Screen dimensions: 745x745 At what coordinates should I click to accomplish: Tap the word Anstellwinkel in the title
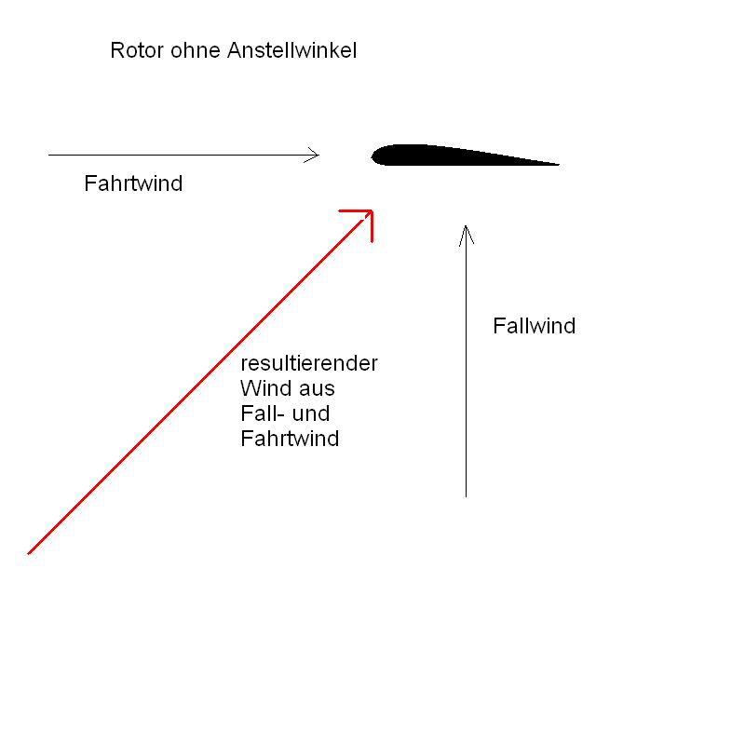291,50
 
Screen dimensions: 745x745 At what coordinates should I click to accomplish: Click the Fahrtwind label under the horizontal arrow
133,183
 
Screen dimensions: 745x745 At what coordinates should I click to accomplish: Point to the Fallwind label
534,326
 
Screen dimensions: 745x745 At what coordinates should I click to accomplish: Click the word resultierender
309,363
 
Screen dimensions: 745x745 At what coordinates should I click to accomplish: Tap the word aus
317,388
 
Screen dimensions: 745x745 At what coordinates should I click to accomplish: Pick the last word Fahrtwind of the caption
290,439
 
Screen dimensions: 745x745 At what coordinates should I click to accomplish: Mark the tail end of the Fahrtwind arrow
50,155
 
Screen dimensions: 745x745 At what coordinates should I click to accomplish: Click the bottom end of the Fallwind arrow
466,495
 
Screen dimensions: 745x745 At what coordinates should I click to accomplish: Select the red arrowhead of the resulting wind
369,214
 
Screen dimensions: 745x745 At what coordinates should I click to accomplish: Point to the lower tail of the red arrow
31,551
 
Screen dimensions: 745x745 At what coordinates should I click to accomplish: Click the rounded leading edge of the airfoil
375,155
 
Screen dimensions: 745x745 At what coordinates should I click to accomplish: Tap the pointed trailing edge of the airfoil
556,165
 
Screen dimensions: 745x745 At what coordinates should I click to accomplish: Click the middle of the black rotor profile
456,156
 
